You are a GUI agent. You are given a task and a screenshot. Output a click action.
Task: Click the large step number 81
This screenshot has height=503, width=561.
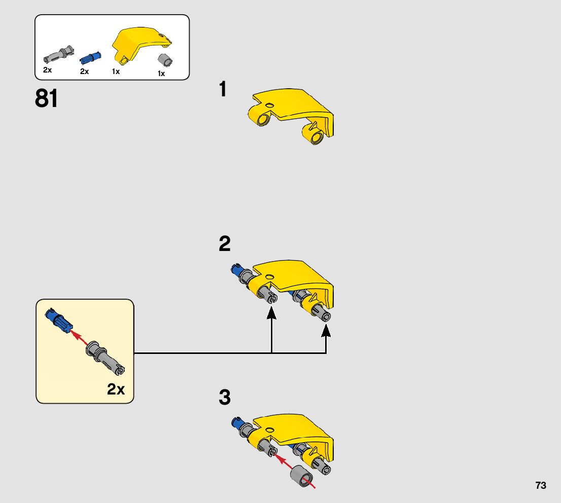46,99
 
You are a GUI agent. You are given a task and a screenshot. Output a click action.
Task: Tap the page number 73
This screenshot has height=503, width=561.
540,485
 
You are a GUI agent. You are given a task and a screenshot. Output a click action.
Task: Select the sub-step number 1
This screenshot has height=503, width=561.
223,90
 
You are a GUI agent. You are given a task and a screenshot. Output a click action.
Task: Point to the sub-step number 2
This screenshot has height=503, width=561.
225,244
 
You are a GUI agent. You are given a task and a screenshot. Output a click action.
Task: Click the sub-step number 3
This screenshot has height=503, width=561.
225,398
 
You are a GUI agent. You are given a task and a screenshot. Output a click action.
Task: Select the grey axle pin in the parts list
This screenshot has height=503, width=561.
57,53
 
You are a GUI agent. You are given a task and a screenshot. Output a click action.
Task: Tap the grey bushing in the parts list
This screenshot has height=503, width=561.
163,59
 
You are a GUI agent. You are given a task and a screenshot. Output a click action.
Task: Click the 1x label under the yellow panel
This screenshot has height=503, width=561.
116,71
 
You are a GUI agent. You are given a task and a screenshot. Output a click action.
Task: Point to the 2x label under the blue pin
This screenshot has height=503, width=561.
84,71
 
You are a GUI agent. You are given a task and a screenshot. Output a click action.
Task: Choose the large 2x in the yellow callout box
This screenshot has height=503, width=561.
116,389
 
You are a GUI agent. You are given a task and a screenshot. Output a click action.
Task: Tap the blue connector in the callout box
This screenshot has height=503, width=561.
58,319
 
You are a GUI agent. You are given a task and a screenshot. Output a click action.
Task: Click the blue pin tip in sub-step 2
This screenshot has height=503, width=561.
236,269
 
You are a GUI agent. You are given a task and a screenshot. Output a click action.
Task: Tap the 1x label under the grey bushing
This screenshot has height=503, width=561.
161,74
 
